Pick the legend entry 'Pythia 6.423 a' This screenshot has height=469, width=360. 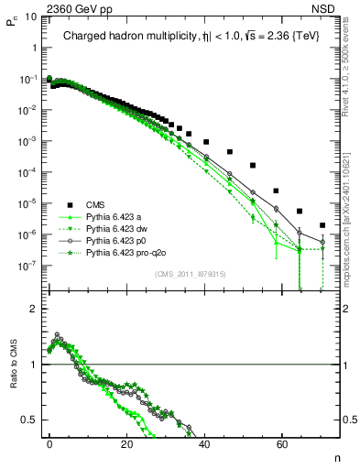click(114, 216)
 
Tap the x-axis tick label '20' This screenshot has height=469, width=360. click(126, 442)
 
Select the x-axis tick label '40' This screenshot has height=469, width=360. click(203, 442)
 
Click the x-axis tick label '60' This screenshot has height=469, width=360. click(280, 442)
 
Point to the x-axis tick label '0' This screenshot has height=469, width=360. click(49, 442)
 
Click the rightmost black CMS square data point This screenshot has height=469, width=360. click(322, 224)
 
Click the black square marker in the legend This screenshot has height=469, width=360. click(70, 204)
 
